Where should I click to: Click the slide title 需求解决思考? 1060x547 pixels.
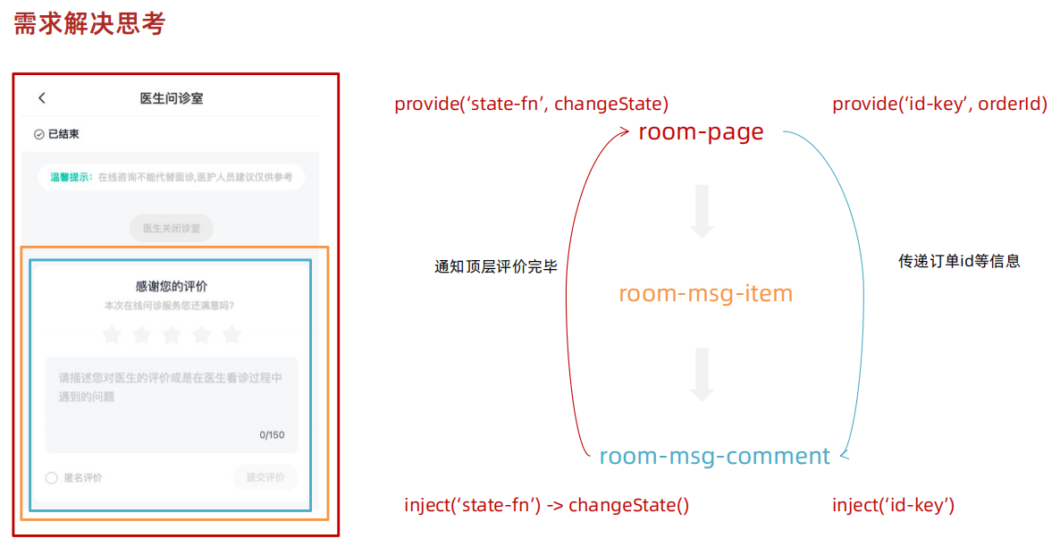[88, 24]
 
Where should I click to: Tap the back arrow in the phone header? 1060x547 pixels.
[42, 97]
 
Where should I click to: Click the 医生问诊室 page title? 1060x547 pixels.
[172, 98]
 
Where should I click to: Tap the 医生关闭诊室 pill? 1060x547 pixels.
[172, 228]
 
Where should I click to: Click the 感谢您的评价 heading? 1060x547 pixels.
[172, 286]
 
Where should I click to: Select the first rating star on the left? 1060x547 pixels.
[111, 335]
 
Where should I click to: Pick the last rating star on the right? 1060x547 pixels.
[231, 335]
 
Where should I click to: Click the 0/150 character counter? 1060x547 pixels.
[272, 435]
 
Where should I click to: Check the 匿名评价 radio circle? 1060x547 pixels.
[52, 478]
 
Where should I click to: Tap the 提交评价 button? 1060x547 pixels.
[265, 478]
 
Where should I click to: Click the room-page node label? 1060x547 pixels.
[701, 132]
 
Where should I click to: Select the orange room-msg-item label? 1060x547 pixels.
[705, 293]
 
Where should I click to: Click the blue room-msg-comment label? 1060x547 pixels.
[714, 456]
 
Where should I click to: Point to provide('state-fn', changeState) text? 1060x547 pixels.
[531, 104]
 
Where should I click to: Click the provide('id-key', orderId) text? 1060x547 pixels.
[939, 104]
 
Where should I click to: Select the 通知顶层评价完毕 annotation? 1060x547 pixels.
[496, 266]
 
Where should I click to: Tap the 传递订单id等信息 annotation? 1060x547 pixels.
[959, 262]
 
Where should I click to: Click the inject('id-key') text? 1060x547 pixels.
[893, 505]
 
